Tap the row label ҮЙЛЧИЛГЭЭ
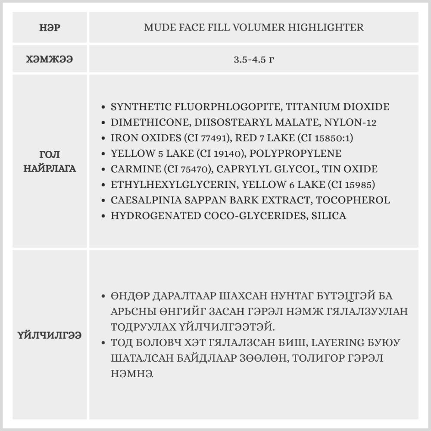pos(50,335)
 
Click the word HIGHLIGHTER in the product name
pos(329,28)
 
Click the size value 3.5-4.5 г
pos(253,59)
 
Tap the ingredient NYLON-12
pos(352,122)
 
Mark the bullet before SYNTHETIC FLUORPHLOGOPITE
pos(102,107)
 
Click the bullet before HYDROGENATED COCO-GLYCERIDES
pos(102,216)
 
